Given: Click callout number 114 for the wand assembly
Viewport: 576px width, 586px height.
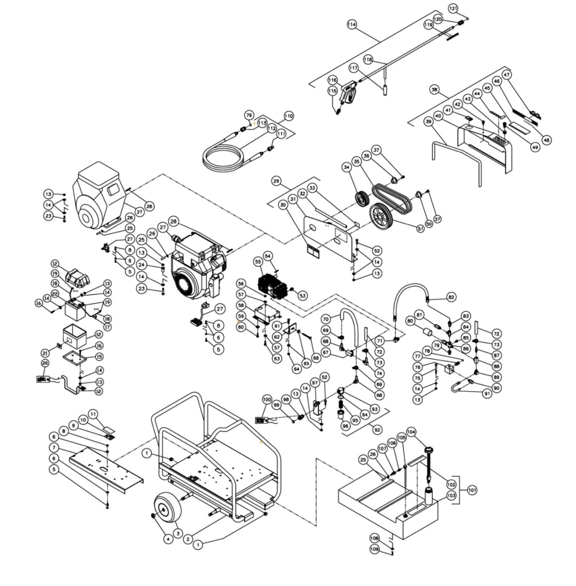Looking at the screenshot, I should (x=352, y=24).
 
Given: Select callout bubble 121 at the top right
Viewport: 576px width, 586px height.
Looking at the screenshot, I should (x=453, y=8).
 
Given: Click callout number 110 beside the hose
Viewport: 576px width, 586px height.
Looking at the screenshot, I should (x=288, y=117).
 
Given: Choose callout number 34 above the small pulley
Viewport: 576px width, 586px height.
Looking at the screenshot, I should (x=346, y=167).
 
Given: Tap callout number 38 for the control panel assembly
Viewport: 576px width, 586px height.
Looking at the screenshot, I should (x=434, y=90).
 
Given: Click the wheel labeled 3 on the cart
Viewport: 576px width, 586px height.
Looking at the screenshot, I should (x=165, y=511).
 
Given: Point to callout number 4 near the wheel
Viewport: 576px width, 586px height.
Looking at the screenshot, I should (x=167, y=539).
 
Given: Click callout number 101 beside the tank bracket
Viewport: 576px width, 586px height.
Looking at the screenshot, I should (x=472, y=490).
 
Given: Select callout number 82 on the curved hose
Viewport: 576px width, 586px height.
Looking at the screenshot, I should (x=451, y=297).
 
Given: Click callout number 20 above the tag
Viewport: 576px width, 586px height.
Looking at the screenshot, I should (x=45, y=363).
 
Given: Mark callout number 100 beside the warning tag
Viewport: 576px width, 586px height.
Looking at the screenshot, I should (x=267, y=400).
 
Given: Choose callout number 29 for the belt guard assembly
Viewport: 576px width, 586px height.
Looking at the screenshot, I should (x=276, y=181).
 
